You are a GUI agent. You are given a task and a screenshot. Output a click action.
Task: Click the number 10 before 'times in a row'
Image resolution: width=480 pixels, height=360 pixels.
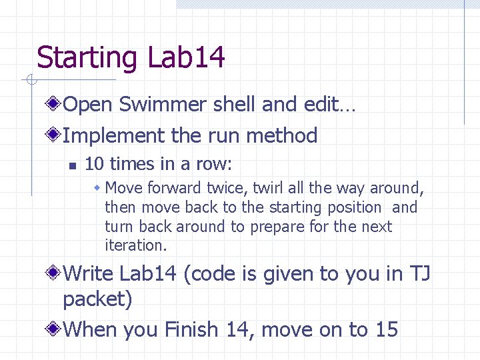tap(94, 164)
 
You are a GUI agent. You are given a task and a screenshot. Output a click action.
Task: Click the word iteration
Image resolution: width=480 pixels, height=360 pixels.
tap(135, 245)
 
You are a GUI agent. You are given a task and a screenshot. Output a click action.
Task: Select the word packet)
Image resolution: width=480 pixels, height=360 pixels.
tap(97, 299)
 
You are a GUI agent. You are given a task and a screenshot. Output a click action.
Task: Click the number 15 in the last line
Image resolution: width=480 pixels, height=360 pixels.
tap(387, 329)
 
